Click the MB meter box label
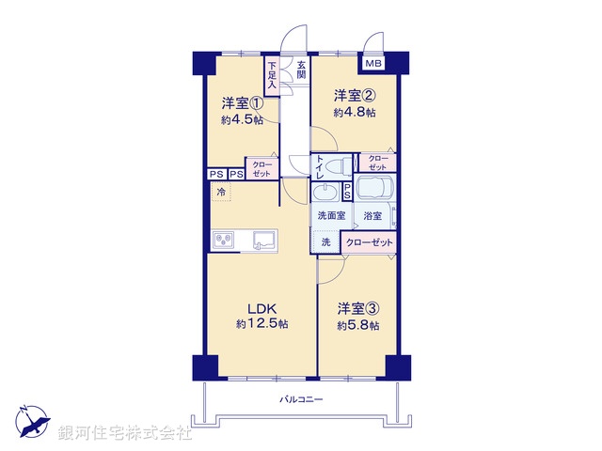(x=373, y=64)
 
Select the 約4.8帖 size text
(x=355, y=113)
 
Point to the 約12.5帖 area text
(x=262, y=323)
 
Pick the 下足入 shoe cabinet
(x=272, y=75)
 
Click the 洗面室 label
(x=330, y=215)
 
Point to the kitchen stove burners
(x=225, y=241)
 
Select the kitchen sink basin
(x=263, y=241)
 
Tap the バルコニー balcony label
(x=301, y=400)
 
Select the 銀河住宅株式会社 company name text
(x=125, y=433)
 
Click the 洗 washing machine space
(x=325, y=241)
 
